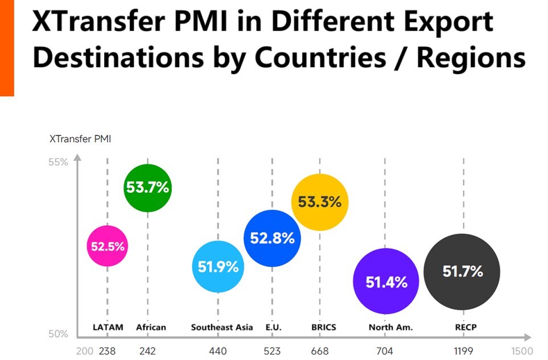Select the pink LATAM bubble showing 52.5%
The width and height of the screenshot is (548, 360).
pos(107,246)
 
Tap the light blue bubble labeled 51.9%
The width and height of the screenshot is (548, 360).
pos(218,266)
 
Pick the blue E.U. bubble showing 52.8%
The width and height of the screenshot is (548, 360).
pos(272,238)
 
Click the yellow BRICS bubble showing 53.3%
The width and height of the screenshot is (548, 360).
pos(319,202)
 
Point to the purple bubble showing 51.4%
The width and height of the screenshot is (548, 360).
pos(386,282)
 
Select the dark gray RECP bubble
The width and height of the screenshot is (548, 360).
pos(462,272)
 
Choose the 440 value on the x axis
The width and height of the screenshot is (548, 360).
pos(218,351)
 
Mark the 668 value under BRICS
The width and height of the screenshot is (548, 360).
pos(320,351)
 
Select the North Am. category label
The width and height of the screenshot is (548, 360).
pos(390,327)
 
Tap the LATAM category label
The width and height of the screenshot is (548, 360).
pos(108,327)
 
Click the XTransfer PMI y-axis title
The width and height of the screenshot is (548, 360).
pos(80,138)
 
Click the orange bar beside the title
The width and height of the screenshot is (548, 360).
pos(7,48)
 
